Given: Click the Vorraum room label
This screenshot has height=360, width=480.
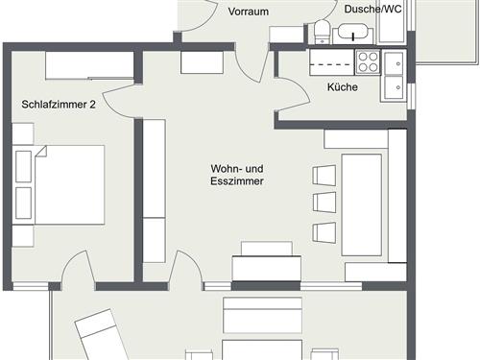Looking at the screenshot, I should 248,12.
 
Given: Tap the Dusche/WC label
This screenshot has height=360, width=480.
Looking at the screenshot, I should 373,9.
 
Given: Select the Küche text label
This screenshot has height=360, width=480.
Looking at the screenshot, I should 342,87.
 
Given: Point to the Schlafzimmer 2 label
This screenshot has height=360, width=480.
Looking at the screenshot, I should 59,105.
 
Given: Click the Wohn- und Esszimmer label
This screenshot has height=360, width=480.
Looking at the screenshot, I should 237,174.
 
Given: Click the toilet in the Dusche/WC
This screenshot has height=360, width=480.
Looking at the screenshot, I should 321,32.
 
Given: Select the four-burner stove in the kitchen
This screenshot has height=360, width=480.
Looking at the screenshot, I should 367,61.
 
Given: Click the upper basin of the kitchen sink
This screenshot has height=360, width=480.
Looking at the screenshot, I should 395,63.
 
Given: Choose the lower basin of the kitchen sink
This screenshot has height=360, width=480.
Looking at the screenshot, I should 395,87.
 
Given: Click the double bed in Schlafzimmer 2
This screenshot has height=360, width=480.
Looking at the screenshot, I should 60,183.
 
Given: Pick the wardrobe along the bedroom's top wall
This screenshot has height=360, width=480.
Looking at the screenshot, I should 88,65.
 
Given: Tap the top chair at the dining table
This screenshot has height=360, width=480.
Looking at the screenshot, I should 324,176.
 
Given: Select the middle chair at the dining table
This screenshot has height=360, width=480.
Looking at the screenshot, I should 324,204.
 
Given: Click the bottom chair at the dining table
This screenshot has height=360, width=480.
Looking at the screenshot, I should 324,231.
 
